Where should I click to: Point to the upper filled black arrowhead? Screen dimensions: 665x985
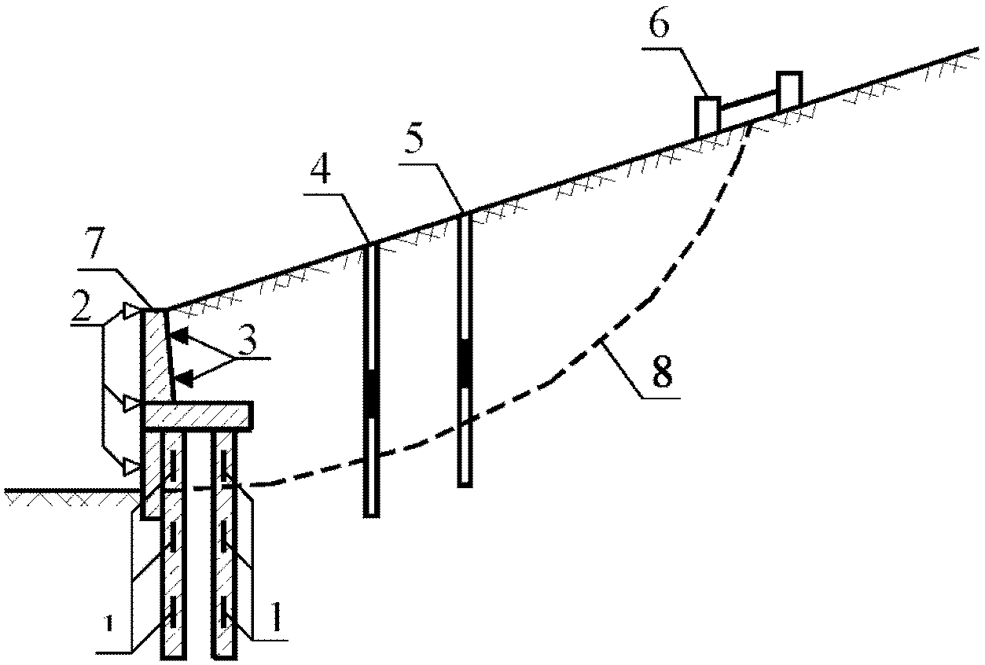point(179,336)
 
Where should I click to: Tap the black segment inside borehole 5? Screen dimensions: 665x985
point(465,362)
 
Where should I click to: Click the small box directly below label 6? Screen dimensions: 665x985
point(708,117)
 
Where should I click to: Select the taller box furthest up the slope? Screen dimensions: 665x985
point(789,90)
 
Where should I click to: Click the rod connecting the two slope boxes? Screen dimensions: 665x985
point(748,101)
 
